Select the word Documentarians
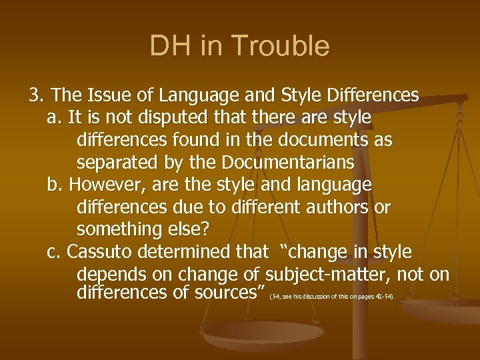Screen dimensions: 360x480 click(289, 163)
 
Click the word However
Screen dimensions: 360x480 click(99, 185)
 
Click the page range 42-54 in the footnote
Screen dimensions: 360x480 click(384, 296)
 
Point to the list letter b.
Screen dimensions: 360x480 click(54, 185)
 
